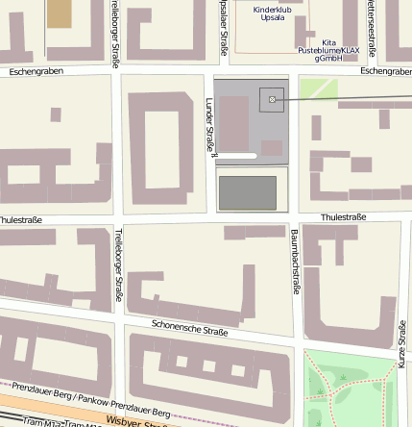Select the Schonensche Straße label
click(189, 329)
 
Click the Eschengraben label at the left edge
click(37, 71)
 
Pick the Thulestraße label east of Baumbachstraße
click(343, 217)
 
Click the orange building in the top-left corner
click(59, 13)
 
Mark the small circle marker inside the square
click(272, 99)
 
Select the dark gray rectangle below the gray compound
click(248, 192)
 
